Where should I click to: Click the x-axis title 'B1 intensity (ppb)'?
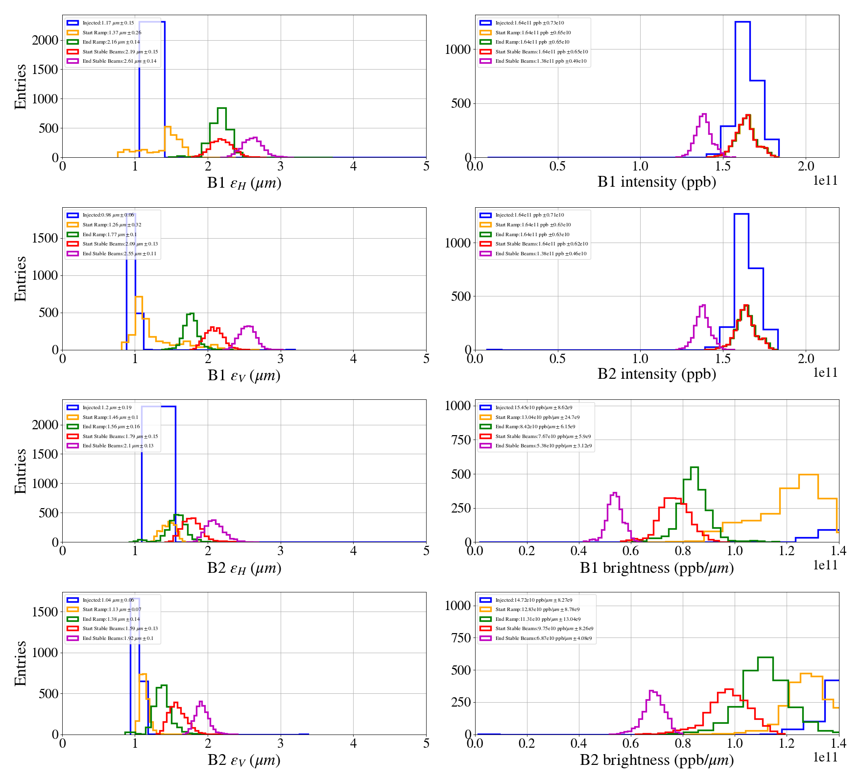coord(656,182)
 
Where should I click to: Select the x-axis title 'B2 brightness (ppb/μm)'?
coord(656,760)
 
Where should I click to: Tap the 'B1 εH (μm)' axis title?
coord(244,183)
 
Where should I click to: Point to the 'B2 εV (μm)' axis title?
coord(244,760)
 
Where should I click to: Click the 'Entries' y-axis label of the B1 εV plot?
coord(21,278)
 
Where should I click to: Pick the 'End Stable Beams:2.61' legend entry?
coord(120,61)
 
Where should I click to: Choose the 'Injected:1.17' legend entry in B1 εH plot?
coord(108,23)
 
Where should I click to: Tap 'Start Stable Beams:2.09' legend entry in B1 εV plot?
coord(120,244)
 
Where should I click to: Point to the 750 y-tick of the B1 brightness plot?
coord(460,440)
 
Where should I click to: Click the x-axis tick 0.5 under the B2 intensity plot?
coord(557,359)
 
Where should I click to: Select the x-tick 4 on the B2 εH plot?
coord(353,551)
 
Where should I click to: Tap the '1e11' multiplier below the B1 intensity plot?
coord(825,181)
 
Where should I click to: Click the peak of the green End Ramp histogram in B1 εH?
coord(221,108)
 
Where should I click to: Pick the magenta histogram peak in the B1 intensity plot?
coord(704,114)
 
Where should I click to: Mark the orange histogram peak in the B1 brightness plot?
coord(808,475)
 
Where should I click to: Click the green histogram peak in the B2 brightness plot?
coord(765,658)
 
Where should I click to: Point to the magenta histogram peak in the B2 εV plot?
coord(200,702)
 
